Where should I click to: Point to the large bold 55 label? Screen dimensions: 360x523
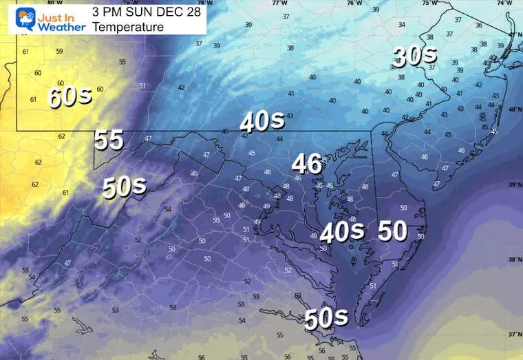109,140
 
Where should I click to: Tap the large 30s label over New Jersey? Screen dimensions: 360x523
416,56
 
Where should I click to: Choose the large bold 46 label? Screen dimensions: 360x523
307,163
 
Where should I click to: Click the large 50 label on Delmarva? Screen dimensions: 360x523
393,231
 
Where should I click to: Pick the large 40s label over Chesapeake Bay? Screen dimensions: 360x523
341,231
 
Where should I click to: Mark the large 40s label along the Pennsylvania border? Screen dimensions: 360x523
262,121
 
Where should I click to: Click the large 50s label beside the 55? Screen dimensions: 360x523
125,186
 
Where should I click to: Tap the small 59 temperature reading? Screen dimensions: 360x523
59,51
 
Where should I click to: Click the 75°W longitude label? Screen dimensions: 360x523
428,3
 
